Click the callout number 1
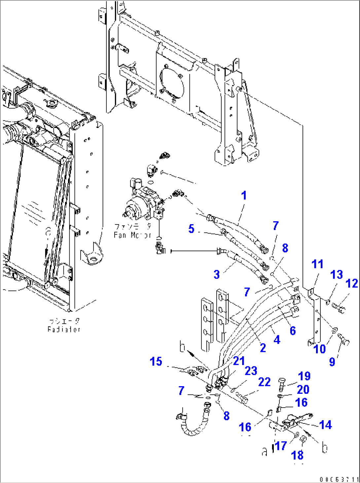tap(244, 196)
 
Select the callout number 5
tap(191, 229)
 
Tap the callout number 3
tap(217, 274)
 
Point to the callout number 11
tap(317, 264)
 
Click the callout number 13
tap(337, 275)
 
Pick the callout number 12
tap(352, 284)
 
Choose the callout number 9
tap(332, 362)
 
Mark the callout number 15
tap(156, 362)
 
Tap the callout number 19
tap(304, 376)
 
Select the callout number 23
tap(251, 371)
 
